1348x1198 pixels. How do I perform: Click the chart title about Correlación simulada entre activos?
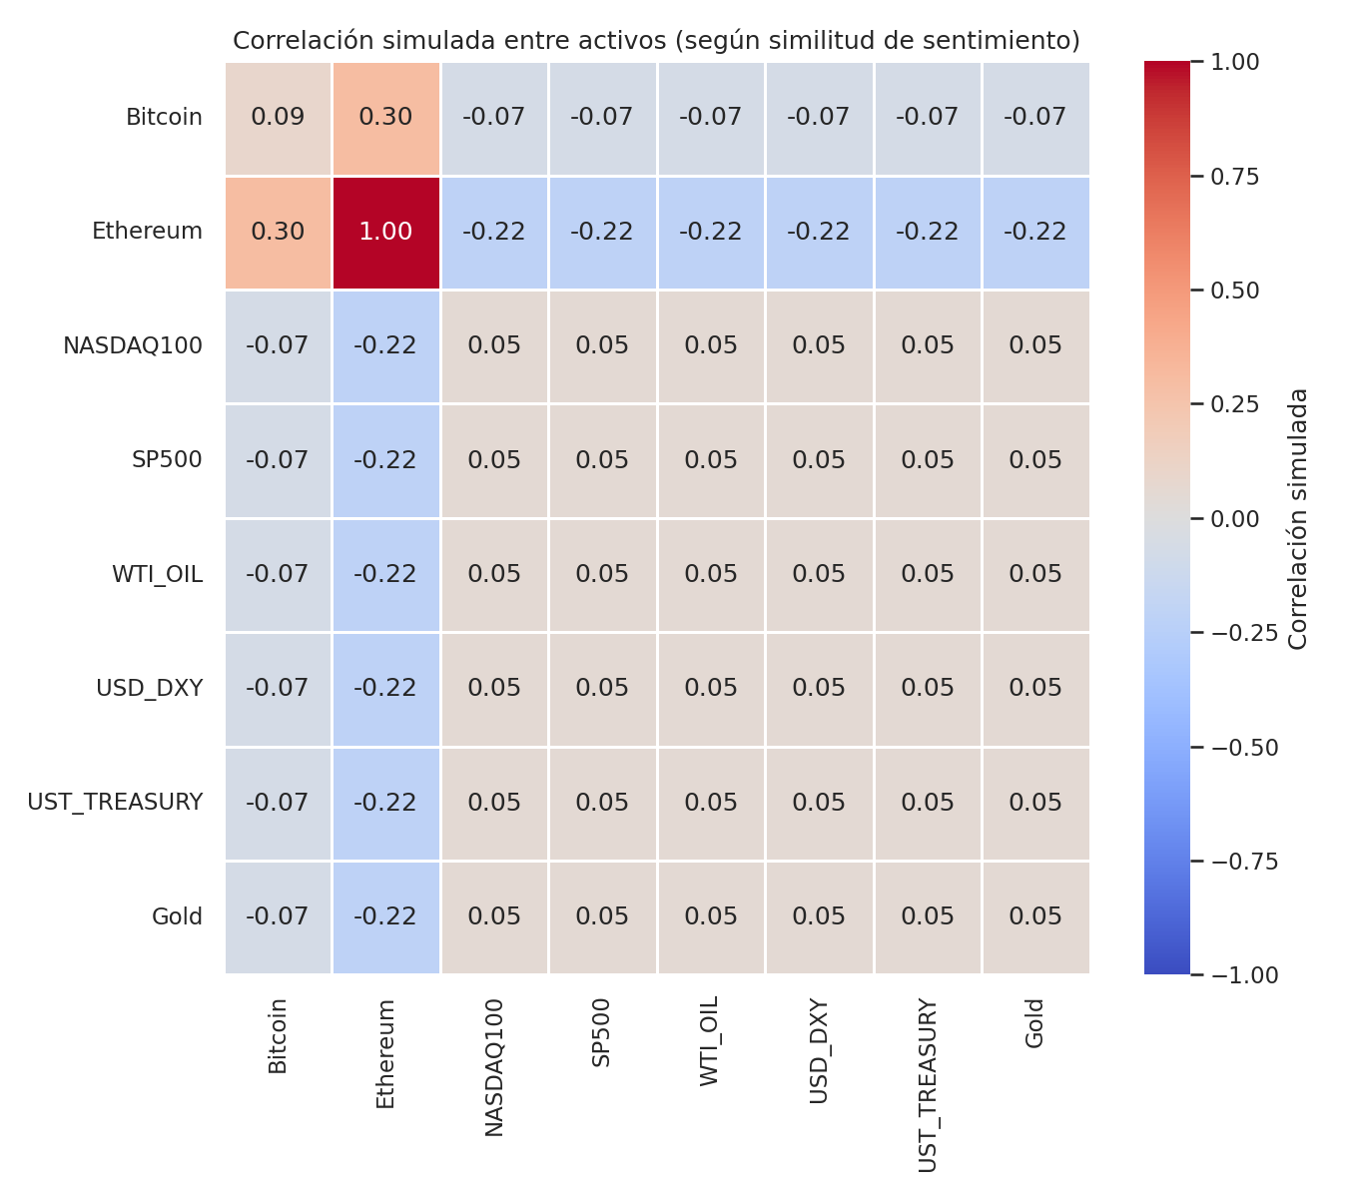point(656,41)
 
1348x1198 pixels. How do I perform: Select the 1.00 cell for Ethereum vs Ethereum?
point(385,233)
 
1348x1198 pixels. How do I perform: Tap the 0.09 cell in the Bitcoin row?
point(278,118)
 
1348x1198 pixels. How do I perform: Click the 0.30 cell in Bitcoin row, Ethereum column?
point(385,118)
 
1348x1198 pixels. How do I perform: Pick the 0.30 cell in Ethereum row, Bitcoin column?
point(278,233)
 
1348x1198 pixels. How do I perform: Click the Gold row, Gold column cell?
point(1035,917)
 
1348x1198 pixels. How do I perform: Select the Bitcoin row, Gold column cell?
point(1035,118)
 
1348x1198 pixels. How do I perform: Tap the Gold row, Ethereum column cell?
point(385,917)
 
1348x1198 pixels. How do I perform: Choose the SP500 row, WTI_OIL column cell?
point(711,461)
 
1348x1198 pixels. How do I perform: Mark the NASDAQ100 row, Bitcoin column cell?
point(278,346)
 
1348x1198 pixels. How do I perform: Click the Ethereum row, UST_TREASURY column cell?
point(927,233)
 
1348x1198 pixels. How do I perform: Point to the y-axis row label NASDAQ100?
point(133,346)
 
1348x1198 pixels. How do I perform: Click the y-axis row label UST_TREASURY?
point(115,803)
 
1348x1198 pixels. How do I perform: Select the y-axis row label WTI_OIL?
point(157,575)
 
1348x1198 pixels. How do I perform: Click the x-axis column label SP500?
point(602,1032)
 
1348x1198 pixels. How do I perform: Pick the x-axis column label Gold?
point(1035,1023)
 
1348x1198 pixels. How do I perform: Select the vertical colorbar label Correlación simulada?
point(1298,518)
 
